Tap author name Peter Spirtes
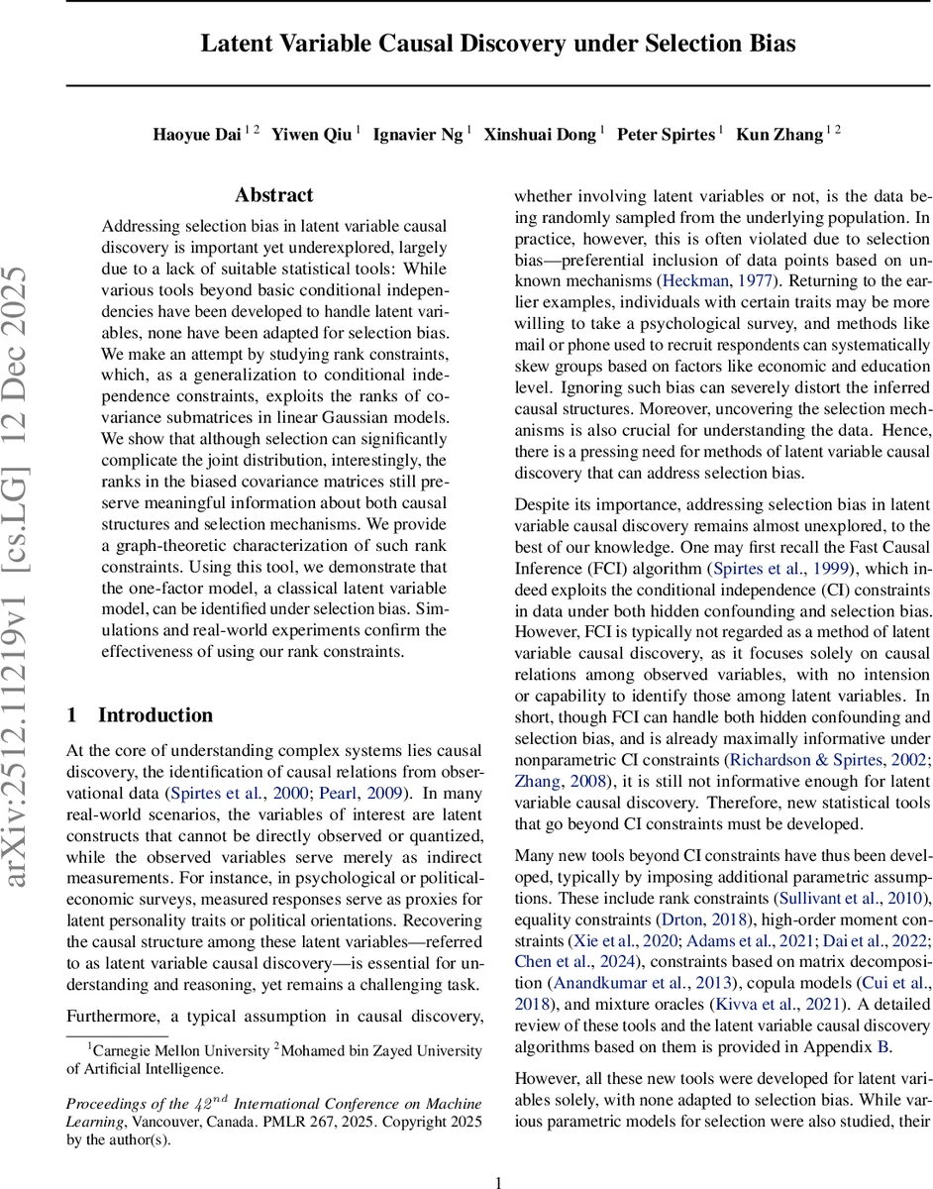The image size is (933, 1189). click(667, 136)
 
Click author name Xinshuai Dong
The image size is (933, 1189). click(540, 136)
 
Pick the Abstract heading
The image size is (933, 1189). click(274, 195)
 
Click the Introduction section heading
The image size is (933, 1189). click(155, 688)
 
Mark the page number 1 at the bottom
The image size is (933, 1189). click(499, 1155)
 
